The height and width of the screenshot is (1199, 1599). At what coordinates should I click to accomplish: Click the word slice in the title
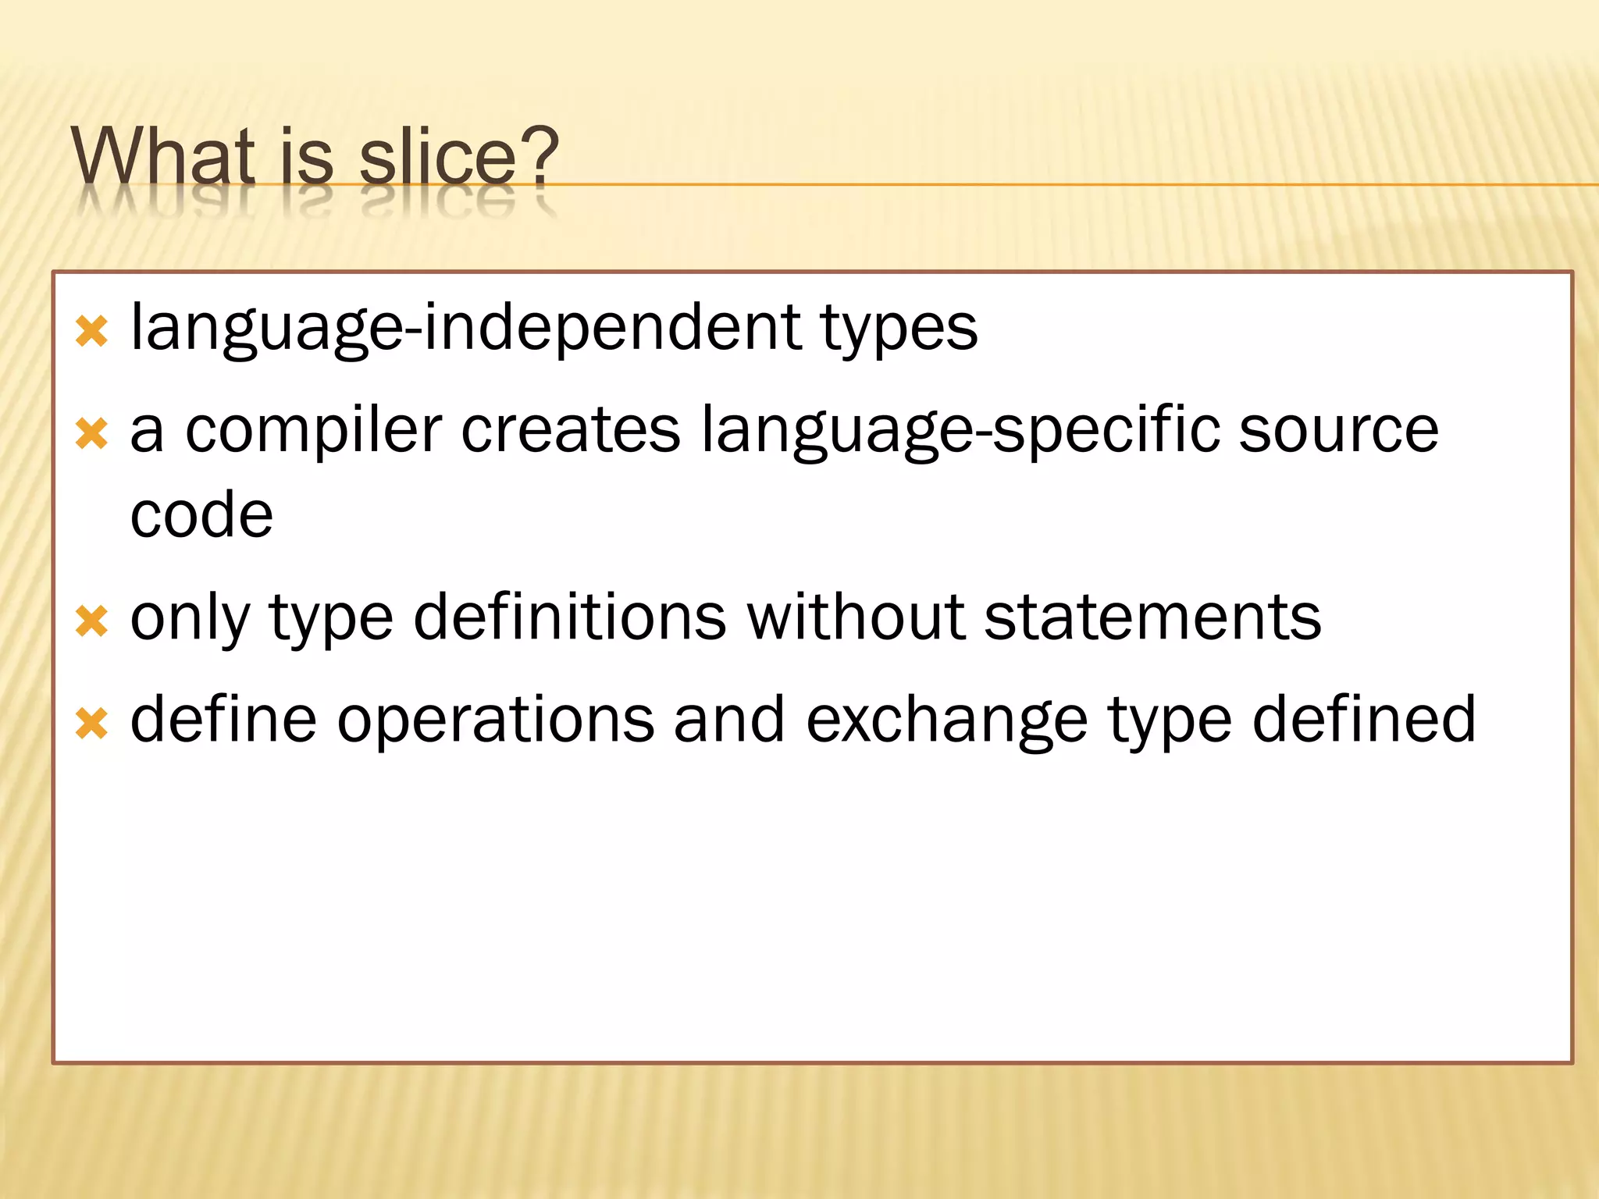tap(437, 156)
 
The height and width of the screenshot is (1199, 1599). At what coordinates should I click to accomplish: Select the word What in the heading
tap(163, 156)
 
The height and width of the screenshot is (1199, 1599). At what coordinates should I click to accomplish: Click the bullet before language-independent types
tap(92, 331)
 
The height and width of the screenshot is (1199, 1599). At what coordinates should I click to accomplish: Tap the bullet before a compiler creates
tap(92, 433)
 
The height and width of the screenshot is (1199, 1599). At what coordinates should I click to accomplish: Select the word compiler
tap(313, 431)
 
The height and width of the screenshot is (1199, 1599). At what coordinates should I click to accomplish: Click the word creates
tap(571, 431)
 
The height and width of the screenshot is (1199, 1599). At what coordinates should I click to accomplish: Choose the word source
tap(1338, 431)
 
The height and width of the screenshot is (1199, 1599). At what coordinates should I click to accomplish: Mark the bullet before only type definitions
tap(92, 621)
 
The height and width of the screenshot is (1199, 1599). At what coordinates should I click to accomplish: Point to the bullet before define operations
tap(92, 723)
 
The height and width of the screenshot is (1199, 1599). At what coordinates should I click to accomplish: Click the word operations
tap(495, 720)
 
